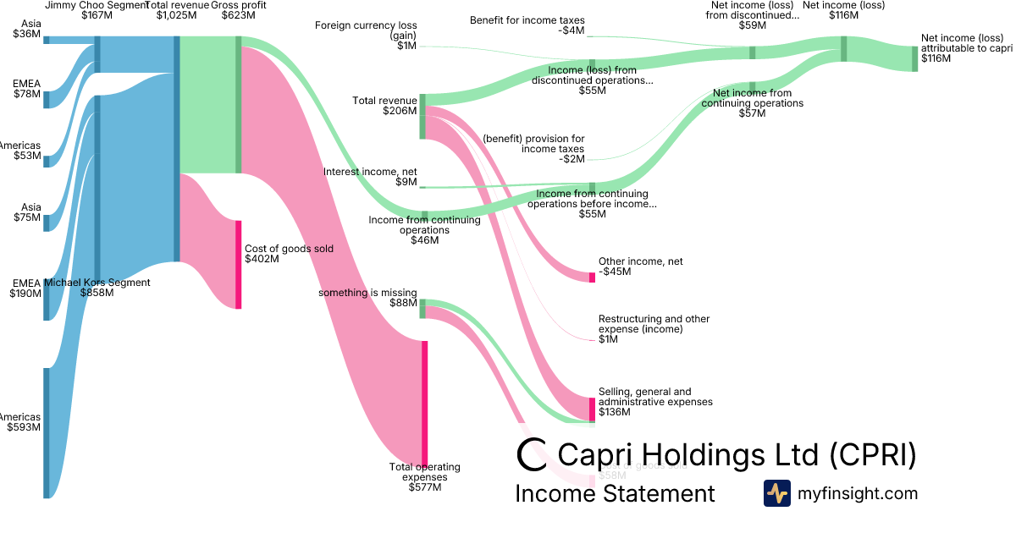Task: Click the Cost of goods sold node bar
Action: [x=239, y=264]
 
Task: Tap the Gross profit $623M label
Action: [x=238, y=10]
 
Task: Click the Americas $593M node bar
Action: [x=46, y=432]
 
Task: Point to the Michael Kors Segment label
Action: [x=97, y=288]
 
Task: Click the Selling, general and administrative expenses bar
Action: [x=593, y=409]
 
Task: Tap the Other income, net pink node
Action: [x=593, y=277]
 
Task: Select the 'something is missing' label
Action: [x=367, y=298]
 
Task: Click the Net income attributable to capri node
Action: [x=914, y=58]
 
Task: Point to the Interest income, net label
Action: [x=370, y=177]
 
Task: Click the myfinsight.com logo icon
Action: [x=776, y=493]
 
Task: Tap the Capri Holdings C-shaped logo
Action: [x=532, y=453]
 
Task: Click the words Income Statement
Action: [x=615, y=493]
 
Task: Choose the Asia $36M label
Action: [x=26, y=30]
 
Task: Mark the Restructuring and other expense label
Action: [x=654, y=329]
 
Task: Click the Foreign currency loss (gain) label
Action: [x=366, y=36]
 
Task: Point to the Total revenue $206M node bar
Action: [x=422, y=117]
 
